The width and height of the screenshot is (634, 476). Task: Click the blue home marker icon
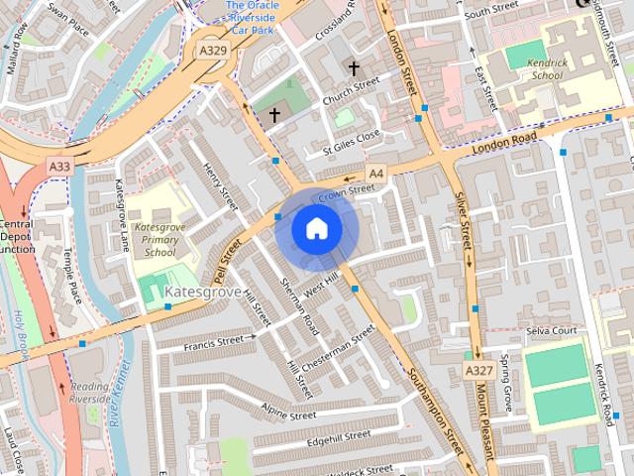click(x=316, y=229)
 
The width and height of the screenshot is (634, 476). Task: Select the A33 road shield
click(x=58, y=169)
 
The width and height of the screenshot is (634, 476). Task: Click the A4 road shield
click(x=375, y=171)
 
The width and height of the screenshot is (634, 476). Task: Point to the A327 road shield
click(x=478, y=369)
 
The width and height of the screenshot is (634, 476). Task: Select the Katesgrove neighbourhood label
click(x=202, y=293)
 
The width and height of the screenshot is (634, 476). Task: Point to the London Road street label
click(x=504, y=142)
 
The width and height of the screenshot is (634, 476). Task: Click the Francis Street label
click(x=213, y=341)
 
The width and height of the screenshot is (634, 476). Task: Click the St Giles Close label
click(x=352, y=142)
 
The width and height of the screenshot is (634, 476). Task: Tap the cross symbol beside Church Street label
click(x=354, y=68)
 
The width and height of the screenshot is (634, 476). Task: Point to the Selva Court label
click(x=552, y=330)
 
